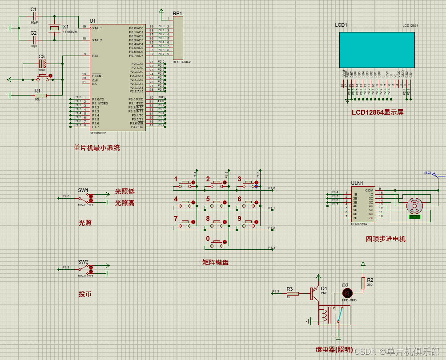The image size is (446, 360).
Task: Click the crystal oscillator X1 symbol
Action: tap(54, 28)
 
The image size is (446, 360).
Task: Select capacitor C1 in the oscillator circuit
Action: tap(34, 16)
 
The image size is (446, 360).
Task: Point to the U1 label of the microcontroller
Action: tap(92, 21)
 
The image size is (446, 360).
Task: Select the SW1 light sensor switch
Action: tap(84, 197)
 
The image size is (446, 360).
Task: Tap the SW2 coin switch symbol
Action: tap(84, 269)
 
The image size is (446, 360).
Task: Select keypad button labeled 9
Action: tap(249, 222)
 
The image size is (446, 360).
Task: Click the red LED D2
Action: tap(347, 293)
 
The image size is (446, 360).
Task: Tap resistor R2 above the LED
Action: tap(363, 283)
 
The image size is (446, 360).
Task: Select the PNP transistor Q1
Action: tap(316, 292)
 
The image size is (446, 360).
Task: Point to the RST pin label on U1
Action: tap(96, 56)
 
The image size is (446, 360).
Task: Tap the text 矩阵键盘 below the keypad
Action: tap(215, 262)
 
